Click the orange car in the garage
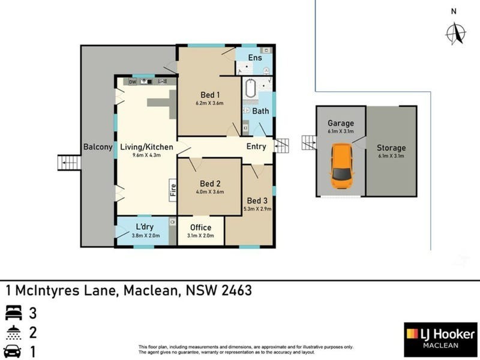point(341,165)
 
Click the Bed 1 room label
point(210,95)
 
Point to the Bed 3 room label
point(257,200)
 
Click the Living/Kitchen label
point(146,147)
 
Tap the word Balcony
point(97,147)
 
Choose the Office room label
point(200,228)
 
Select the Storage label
point(391,148)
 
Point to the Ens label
point(254,58)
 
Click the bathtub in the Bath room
point(250,91)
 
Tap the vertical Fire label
point(173,189)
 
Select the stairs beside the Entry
point(281,145)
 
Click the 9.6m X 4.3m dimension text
point(146,155)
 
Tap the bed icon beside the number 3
point(13,312)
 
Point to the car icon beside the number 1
point(13,352)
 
